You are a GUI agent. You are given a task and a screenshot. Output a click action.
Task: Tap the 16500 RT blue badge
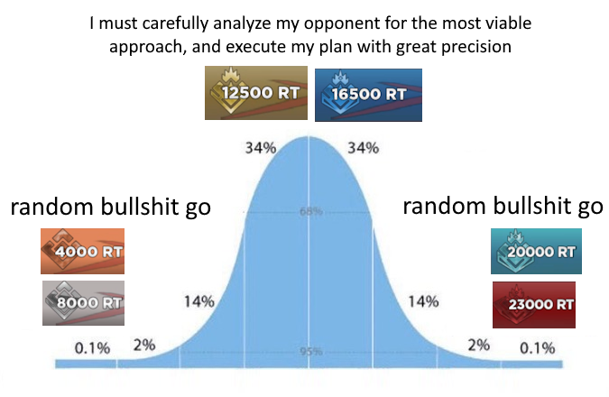364,93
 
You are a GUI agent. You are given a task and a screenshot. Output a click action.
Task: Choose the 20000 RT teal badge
536,252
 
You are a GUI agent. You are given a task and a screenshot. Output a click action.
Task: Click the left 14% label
198,300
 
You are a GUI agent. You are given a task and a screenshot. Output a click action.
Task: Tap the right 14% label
423,300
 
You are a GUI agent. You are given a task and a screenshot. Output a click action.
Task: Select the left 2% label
144,344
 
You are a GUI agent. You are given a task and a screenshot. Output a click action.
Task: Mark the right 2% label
478,344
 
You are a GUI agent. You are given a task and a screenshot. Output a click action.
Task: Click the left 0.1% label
91,347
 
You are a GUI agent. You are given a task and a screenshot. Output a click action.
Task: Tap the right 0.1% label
538,347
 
